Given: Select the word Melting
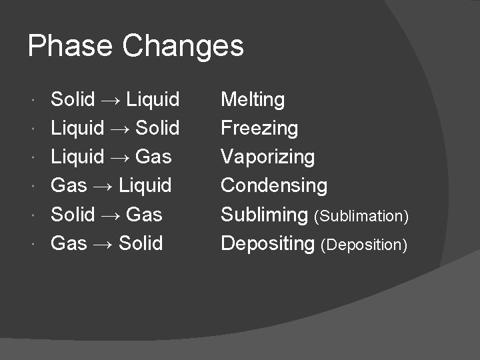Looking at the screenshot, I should click(253, 100).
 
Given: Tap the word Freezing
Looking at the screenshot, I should click(259, 129).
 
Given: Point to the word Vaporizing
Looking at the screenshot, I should click(267, 157).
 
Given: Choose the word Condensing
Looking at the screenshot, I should click(274, 185).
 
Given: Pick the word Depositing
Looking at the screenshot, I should click(267, 243).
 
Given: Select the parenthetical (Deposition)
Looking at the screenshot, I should click(363, 245).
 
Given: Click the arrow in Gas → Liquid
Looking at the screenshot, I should click(103, 186).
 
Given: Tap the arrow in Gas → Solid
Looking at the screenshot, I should click(103, 243).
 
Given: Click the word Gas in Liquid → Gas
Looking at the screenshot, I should click(153, 157).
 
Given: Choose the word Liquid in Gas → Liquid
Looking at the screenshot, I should click(145, 185).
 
